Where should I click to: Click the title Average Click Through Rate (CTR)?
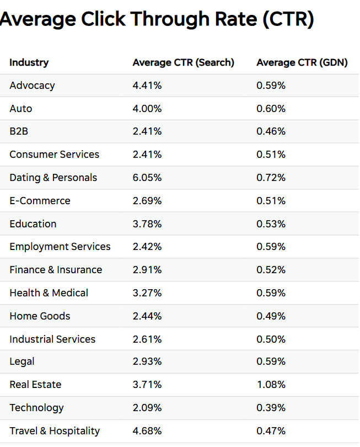point(157,20)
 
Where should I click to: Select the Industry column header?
point(29,62)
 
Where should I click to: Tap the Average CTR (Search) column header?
point(183,62)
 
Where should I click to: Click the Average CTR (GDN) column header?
point(302,62)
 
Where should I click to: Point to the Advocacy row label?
point(32,86)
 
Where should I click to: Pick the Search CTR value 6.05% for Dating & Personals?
point(147,178)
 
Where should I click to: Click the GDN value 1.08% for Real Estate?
point(271,385)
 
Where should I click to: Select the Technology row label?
point(36,408)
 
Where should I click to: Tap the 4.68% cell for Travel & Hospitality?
point(147,431)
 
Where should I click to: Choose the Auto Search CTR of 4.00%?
point(147,109)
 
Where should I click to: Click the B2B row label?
point(19,131)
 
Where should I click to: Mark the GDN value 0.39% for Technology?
point(271,408)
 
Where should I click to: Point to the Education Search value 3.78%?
point(147,224)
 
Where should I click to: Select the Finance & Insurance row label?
point(56,270)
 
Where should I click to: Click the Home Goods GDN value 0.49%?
point(271,316)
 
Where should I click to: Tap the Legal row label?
point(22,361)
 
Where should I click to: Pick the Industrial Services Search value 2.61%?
point(147,339)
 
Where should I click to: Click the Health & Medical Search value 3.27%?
point(147,293)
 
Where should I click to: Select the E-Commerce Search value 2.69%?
point(147,201)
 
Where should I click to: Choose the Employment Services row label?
point(60,247)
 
